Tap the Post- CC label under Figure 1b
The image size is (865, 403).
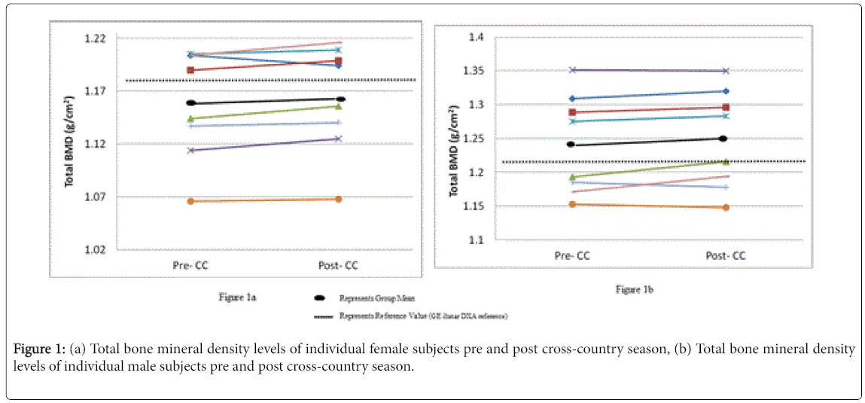[x=726, y=256]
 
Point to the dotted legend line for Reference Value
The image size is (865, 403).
[x=321, y=316]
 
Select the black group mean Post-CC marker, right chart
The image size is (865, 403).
[x=723, y=139]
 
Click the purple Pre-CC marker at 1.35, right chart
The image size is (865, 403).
[x=572, y=70]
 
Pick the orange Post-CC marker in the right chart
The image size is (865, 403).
[x=726, y=207]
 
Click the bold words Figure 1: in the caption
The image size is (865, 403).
[x=39, y=350]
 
